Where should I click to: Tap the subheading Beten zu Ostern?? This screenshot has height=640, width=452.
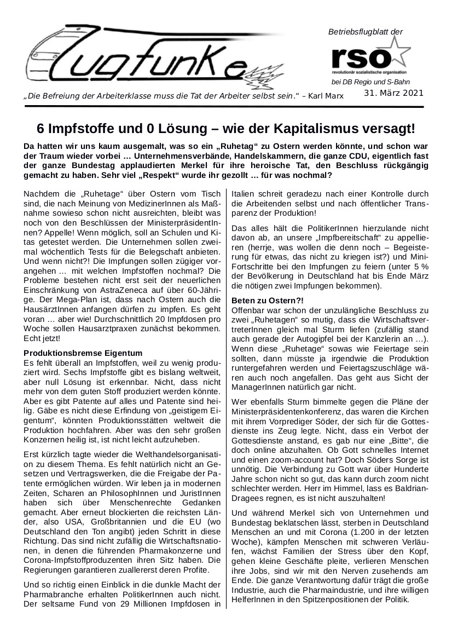(268, 301)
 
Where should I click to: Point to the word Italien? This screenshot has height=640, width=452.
(244, 194)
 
